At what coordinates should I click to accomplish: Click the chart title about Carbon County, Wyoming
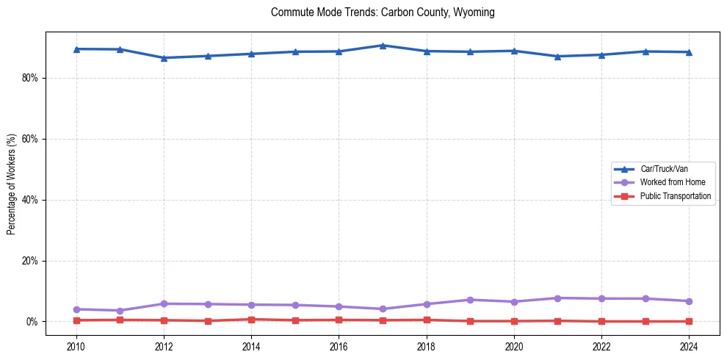pos(383,12)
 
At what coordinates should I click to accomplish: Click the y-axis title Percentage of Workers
pos(11,184)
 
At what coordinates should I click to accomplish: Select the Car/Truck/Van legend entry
pos(664,169)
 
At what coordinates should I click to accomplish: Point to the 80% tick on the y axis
pos(32,78)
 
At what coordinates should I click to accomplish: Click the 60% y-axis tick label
pos(32,139)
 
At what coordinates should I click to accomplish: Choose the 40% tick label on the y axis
pos(32,200)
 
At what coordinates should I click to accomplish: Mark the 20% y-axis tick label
pos(32,261)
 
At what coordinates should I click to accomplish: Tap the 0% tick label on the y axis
pos(34,322)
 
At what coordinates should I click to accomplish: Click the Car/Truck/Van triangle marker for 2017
pos(383,46)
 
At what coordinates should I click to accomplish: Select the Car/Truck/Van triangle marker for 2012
pos(164,58)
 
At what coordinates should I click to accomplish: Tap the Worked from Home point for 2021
pos(557,298)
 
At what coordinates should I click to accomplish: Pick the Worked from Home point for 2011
pos(120,311)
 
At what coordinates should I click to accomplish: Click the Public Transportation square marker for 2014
pos(251,320)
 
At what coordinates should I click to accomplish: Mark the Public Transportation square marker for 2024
pos(689,321)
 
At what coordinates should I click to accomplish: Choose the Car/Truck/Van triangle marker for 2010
pos(76,49)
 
